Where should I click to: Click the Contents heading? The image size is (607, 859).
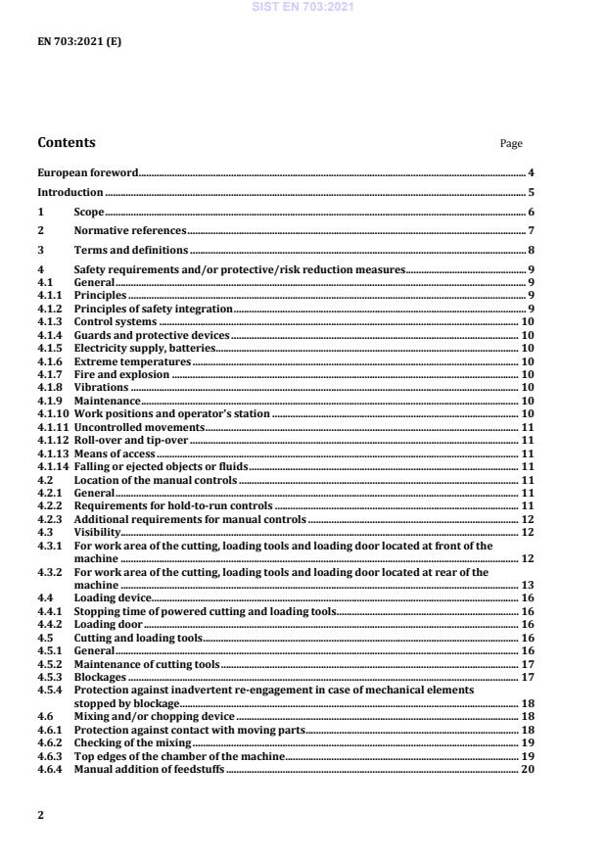[67, 143]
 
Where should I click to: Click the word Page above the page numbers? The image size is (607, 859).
[511, 144]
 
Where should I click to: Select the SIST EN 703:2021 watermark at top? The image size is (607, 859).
[303, 7]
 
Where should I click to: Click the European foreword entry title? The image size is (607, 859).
[88, 173]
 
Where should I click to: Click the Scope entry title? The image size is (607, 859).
[89, 212]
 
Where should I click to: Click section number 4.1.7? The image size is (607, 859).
[50, 374]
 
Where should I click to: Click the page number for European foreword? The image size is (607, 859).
[530, 173]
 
